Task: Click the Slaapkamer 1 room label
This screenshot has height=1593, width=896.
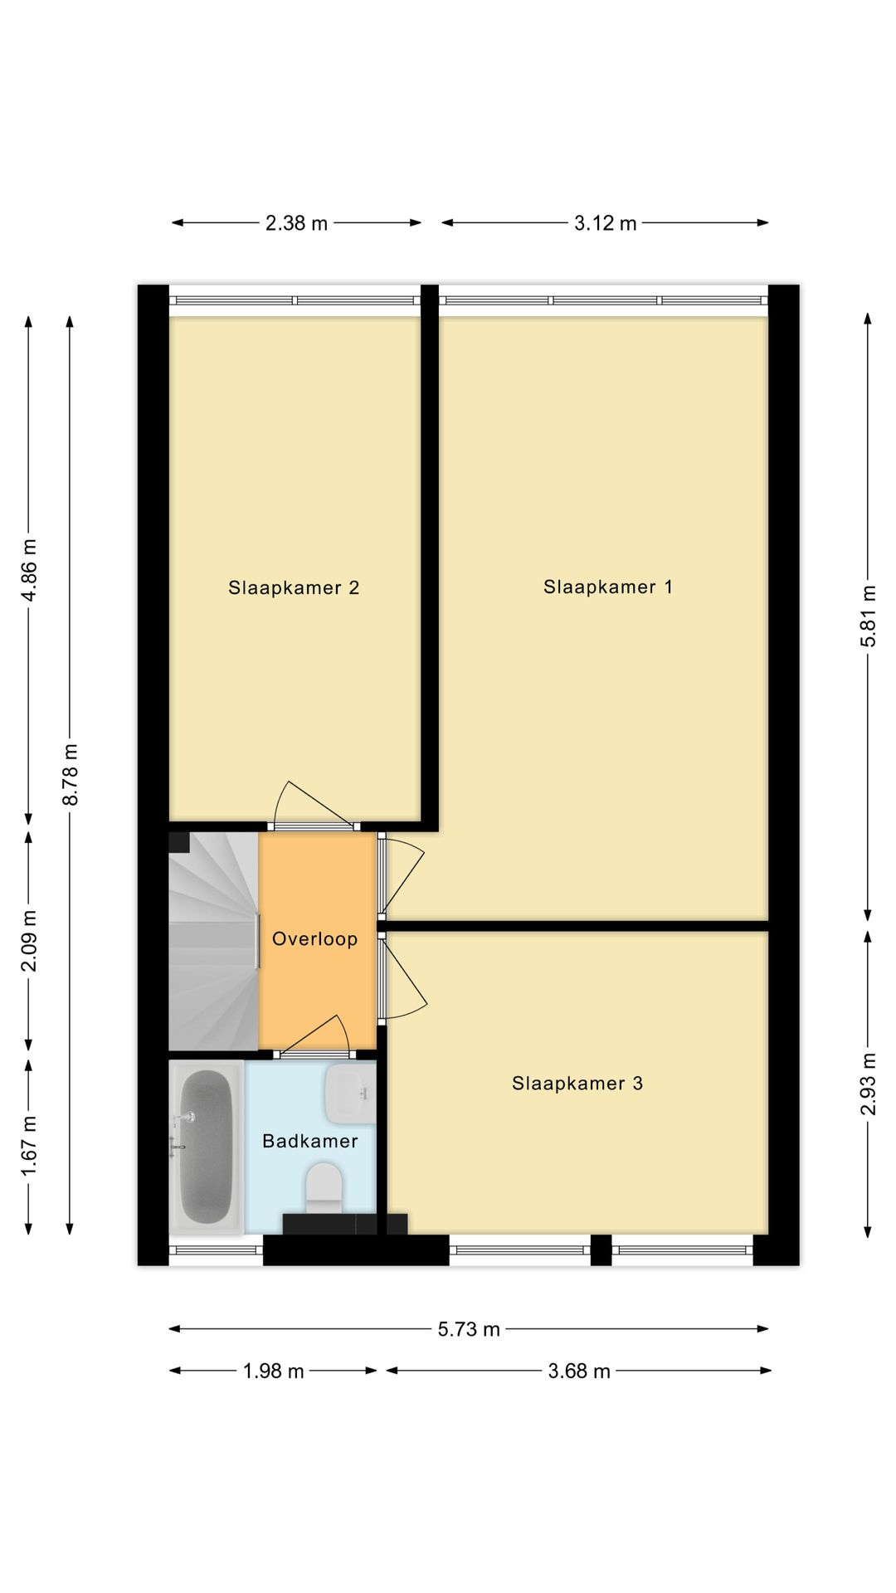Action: click(x=607, y=587)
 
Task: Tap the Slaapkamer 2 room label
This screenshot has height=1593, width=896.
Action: click(x=294, y=588)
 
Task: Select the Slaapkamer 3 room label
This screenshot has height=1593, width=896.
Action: click(x=577, y=1083)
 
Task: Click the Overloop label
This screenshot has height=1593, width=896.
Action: click(x=314, y=939)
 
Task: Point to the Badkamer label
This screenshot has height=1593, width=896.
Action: click(x=310, y=1141)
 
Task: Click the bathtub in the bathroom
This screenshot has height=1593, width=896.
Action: click(x=206, y=1147)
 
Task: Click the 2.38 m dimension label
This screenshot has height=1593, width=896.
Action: click(x=296, y=223)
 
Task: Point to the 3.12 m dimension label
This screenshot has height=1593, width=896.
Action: click(x=605, y=223)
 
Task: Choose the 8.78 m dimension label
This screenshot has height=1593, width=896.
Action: click(x=71, y=774)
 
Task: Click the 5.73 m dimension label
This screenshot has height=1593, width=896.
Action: click(x=469, y=1329)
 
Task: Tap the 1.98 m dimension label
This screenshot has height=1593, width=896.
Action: click(x=273, y=1371)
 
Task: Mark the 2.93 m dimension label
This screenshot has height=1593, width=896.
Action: click(x=869, y=1084)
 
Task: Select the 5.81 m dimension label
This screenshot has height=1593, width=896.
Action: click(x=869, y=616)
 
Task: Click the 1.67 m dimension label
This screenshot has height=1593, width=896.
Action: click(x=29, y=1146)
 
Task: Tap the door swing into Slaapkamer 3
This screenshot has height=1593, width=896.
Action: click(x=403, y=979)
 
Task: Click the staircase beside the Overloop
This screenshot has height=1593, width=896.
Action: click(x=212, y=942)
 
